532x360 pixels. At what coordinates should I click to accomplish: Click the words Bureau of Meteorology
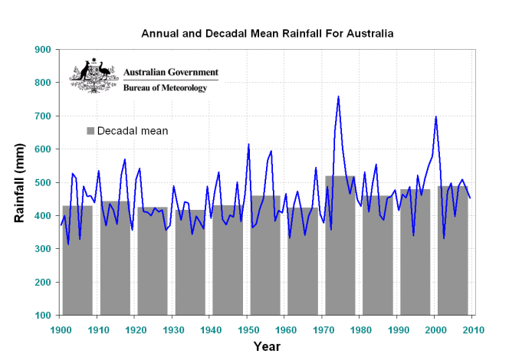(x=166, y=88)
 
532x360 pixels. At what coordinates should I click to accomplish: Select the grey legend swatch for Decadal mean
(x=90, y=131)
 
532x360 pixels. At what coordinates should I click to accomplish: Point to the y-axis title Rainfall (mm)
(x=21, y=182)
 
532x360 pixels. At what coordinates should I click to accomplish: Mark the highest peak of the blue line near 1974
(x=338, y=97)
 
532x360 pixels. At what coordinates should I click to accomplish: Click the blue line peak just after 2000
(x=436, y=116)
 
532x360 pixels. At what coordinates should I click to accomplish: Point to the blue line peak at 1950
(x=248, y=144)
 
